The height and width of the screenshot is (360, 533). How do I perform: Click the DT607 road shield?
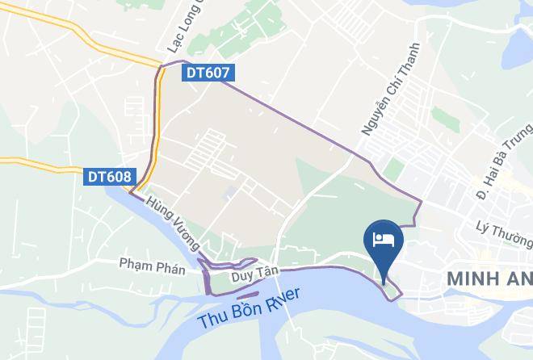(208, 73)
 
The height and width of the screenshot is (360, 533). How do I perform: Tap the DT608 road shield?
(109, 175)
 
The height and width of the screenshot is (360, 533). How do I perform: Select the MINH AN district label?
(489, 278)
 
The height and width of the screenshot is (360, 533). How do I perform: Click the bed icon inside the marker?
(382, 238)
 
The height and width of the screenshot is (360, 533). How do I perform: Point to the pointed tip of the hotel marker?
(382, 272)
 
